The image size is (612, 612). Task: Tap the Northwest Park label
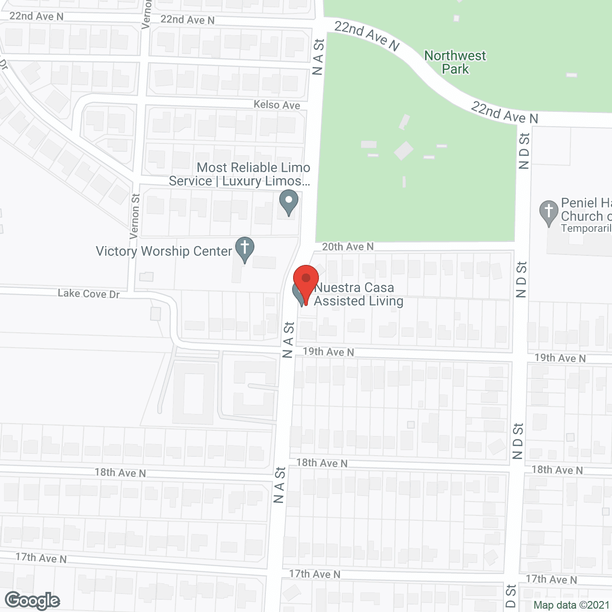click(455, 62)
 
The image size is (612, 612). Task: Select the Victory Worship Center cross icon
click(244, 249)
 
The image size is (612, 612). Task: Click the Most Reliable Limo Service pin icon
click(288, 202)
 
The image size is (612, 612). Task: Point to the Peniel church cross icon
click(549, 212)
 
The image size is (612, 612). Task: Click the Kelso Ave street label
click(277, 105)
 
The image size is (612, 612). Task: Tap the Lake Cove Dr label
click(88, 294)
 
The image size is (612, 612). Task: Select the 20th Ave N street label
click(348, 247)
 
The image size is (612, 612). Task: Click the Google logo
click(33, 600)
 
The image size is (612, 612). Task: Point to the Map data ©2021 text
click(571, 605)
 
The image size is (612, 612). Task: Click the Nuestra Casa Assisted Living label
click(358, 294)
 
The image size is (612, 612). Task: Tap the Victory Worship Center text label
click(164, 251)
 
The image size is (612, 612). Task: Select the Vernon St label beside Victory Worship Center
click(135, 216)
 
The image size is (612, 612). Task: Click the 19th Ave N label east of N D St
click(560, 358)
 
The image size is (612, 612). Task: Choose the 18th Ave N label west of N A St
click(120, 473)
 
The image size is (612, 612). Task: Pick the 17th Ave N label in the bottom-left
click(41, 558)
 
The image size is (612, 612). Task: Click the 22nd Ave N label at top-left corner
click(36, 16)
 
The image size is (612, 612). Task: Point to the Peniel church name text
click(586, 209)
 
